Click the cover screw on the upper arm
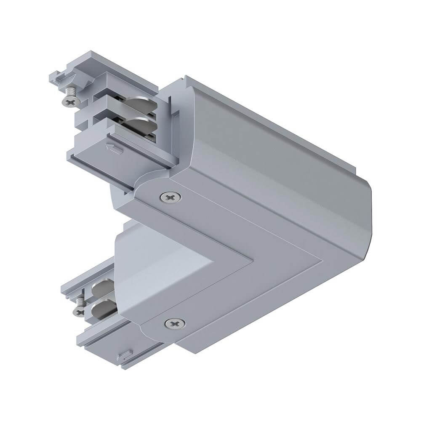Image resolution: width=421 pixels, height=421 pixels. click(x=171, y=196)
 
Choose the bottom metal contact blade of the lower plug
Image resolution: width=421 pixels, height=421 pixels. click(x=104, y=305)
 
